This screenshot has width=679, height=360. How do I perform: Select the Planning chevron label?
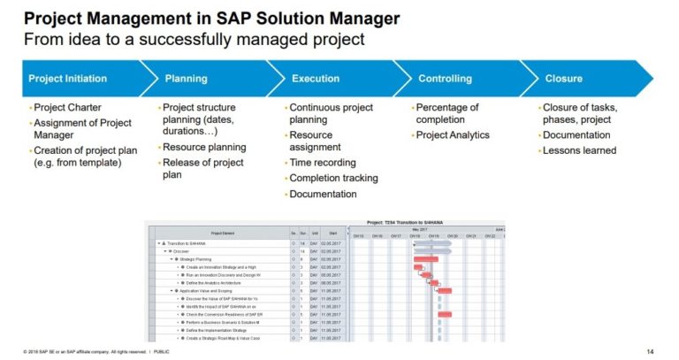pos(186,79)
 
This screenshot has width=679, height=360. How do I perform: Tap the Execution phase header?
pos(316,79)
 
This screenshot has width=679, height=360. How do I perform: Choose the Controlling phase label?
pos(446,79)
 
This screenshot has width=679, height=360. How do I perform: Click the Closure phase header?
pos(564,79)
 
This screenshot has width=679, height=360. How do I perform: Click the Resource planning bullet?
pos(203,148)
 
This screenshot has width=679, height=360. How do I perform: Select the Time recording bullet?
pos(322,163)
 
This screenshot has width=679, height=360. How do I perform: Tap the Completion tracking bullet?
pos(332,178)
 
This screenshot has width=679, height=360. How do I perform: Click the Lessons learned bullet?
pos(579,149)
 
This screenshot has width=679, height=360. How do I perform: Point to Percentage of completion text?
pos(446,114)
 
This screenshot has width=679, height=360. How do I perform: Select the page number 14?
pos(651,351)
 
